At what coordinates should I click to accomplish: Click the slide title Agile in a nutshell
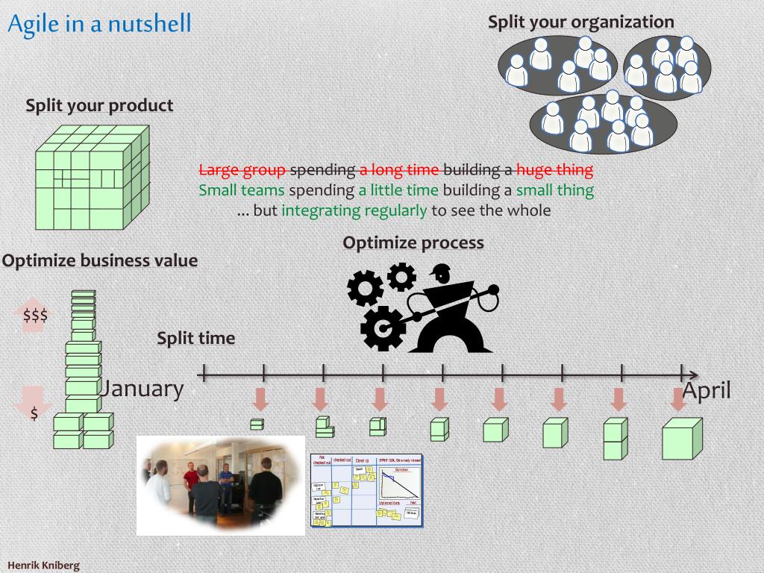(99, 24)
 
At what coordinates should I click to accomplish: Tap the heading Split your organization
(580, 22)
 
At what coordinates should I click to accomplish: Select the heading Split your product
(99, 105)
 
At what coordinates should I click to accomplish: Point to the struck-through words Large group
(242, 169)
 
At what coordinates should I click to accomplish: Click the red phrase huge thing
(554, 169)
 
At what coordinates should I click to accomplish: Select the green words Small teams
(242, 190)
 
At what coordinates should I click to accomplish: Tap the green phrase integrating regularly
(354, 210)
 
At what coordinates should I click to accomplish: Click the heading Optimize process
(413, 242)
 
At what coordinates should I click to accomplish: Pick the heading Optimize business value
(100, 260)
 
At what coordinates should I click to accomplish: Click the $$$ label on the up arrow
(35, 315)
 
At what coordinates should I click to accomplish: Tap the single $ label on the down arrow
(34, 413)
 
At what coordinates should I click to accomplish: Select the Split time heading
(195, 338)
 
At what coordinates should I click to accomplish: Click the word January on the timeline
(142, 388)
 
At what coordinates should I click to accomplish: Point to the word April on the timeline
(707, 390)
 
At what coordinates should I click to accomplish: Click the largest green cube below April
(681, 439)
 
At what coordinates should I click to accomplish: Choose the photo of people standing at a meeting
(221, 486)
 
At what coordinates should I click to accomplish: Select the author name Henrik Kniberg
(43, 565)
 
